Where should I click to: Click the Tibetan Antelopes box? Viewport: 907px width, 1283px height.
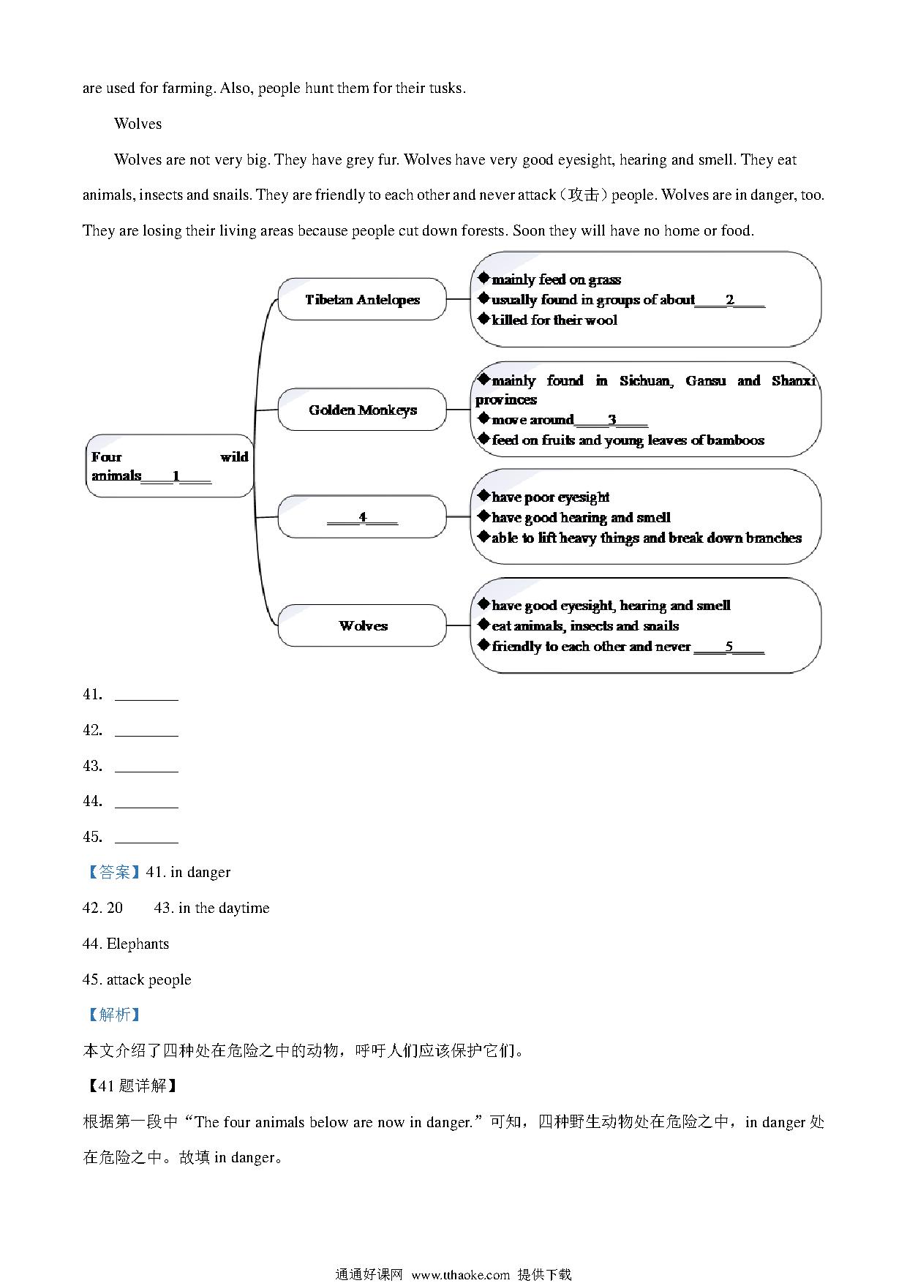[362, 299]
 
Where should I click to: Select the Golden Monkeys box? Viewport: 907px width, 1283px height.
[362, 410]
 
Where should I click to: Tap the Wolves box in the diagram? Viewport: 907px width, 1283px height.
[362, 625]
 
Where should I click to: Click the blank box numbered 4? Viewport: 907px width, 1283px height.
[362, 517]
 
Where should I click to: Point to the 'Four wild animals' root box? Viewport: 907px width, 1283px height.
[170, 466]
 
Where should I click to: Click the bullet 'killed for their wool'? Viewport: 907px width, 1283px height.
[554, 320]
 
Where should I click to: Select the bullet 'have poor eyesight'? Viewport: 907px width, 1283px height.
[550, 497]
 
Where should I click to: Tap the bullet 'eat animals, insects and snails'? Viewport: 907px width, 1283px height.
[585, 625]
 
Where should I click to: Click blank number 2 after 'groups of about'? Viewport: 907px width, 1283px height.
[730, 300]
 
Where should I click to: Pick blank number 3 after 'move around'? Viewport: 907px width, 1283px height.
[611, 420]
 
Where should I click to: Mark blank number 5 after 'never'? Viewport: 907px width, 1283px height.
[729, 647]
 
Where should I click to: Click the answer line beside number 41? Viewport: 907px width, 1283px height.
[146, 695]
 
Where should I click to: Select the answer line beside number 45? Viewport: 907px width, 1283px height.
[146, 838]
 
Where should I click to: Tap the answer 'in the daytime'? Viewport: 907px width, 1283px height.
[224, 908]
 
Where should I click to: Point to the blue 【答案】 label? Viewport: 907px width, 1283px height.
[113, 872]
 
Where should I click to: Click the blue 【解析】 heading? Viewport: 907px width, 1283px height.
[113, 1015]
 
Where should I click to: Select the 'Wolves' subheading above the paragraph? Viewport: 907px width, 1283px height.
[138, 124]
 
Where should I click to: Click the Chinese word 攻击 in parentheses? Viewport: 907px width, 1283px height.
[583, 195]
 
